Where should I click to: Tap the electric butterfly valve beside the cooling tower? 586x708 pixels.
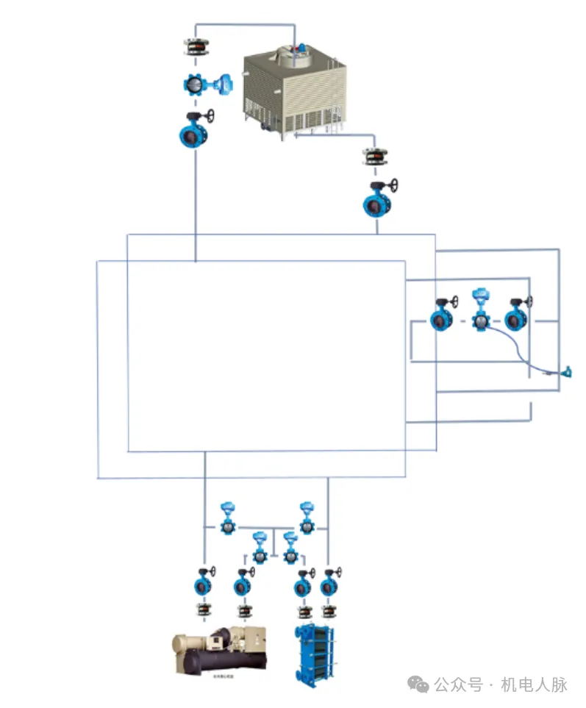point(197,85)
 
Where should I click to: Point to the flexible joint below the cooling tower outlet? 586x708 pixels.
point(378,157)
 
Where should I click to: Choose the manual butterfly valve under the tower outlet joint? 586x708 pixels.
point(377,202)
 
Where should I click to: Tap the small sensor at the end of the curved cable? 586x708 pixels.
point(568,373)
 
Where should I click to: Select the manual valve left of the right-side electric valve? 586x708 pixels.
point(442,318)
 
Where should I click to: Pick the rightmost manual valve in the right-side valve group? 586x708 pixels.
point(516,318)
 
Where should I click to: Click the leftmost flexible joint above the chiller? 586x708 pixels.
point(203,610)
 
